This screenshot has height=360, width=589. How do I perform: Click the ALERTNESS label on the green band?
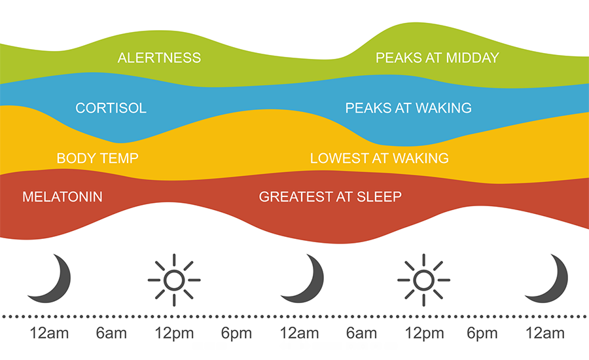[159, 58]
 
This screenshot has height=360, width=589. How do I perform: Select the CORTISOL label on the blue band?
[111, 108]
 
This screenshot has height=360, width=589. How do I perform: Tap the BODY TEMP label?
[98, 158]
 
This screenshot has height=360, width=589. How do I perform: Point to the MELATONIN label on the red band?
[62, 197]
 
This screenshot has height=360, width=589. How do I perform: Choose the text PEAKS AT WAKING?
[408, 108]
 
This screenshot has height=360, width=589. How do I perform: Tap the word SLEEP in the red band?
[379, 197]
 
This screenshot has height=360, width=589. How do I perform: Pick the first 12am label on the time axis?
[49, 333]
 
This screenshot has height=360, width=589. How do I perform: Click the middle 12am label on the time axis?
[299, 333]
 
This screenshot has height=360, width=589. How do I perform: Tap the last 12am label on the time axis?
[544, 333]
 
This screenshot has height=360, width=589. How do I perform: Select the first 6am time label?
[111, 333]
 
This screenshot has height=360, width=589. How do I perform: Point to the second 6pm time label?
[482, 333]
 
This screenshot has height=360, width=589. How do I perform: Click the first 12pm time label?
[174, 333]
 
